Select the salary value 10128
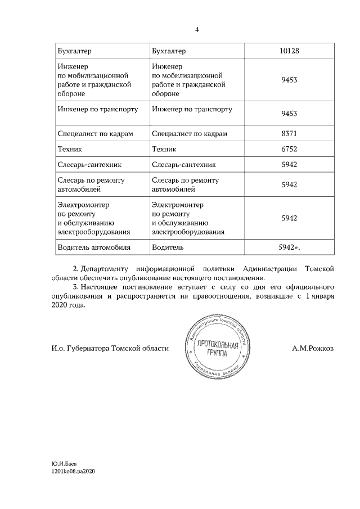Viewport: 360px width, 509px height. tap(289, 51)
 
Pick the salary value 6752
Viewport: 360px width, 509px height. tap(289, 149)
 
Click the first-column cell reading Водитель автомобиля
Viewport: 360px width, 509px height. tap(94, 247)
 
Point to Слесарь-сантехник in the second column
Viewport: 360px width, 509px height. tap(184, 164)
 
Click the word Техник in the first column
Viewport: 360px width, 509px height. tap(70, 149)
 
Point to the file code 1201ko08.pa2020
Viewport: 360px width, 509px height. tap(74, 471)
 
